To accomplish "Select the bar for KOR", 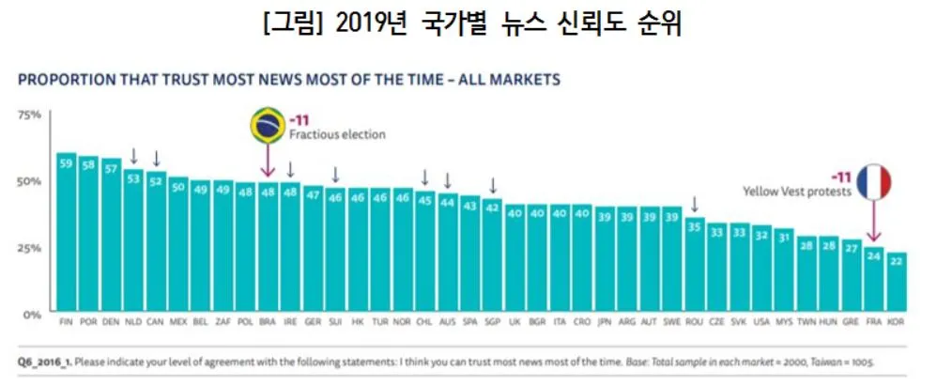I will (897, 281).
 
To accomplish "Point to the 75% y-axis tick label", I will (29, 115).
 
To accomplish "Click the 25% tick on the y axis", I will (29, 248).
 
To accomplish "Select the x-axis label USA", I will (761, 321).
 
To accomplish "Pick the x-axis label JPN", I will (606, 321).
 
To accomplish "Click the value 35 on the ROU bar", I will (694, 226).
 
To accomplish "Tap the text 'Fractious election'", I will (336, 134).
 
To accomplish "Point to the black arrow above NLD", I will (134, 156).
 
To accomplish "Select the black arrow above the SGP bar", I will (492, 185).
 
